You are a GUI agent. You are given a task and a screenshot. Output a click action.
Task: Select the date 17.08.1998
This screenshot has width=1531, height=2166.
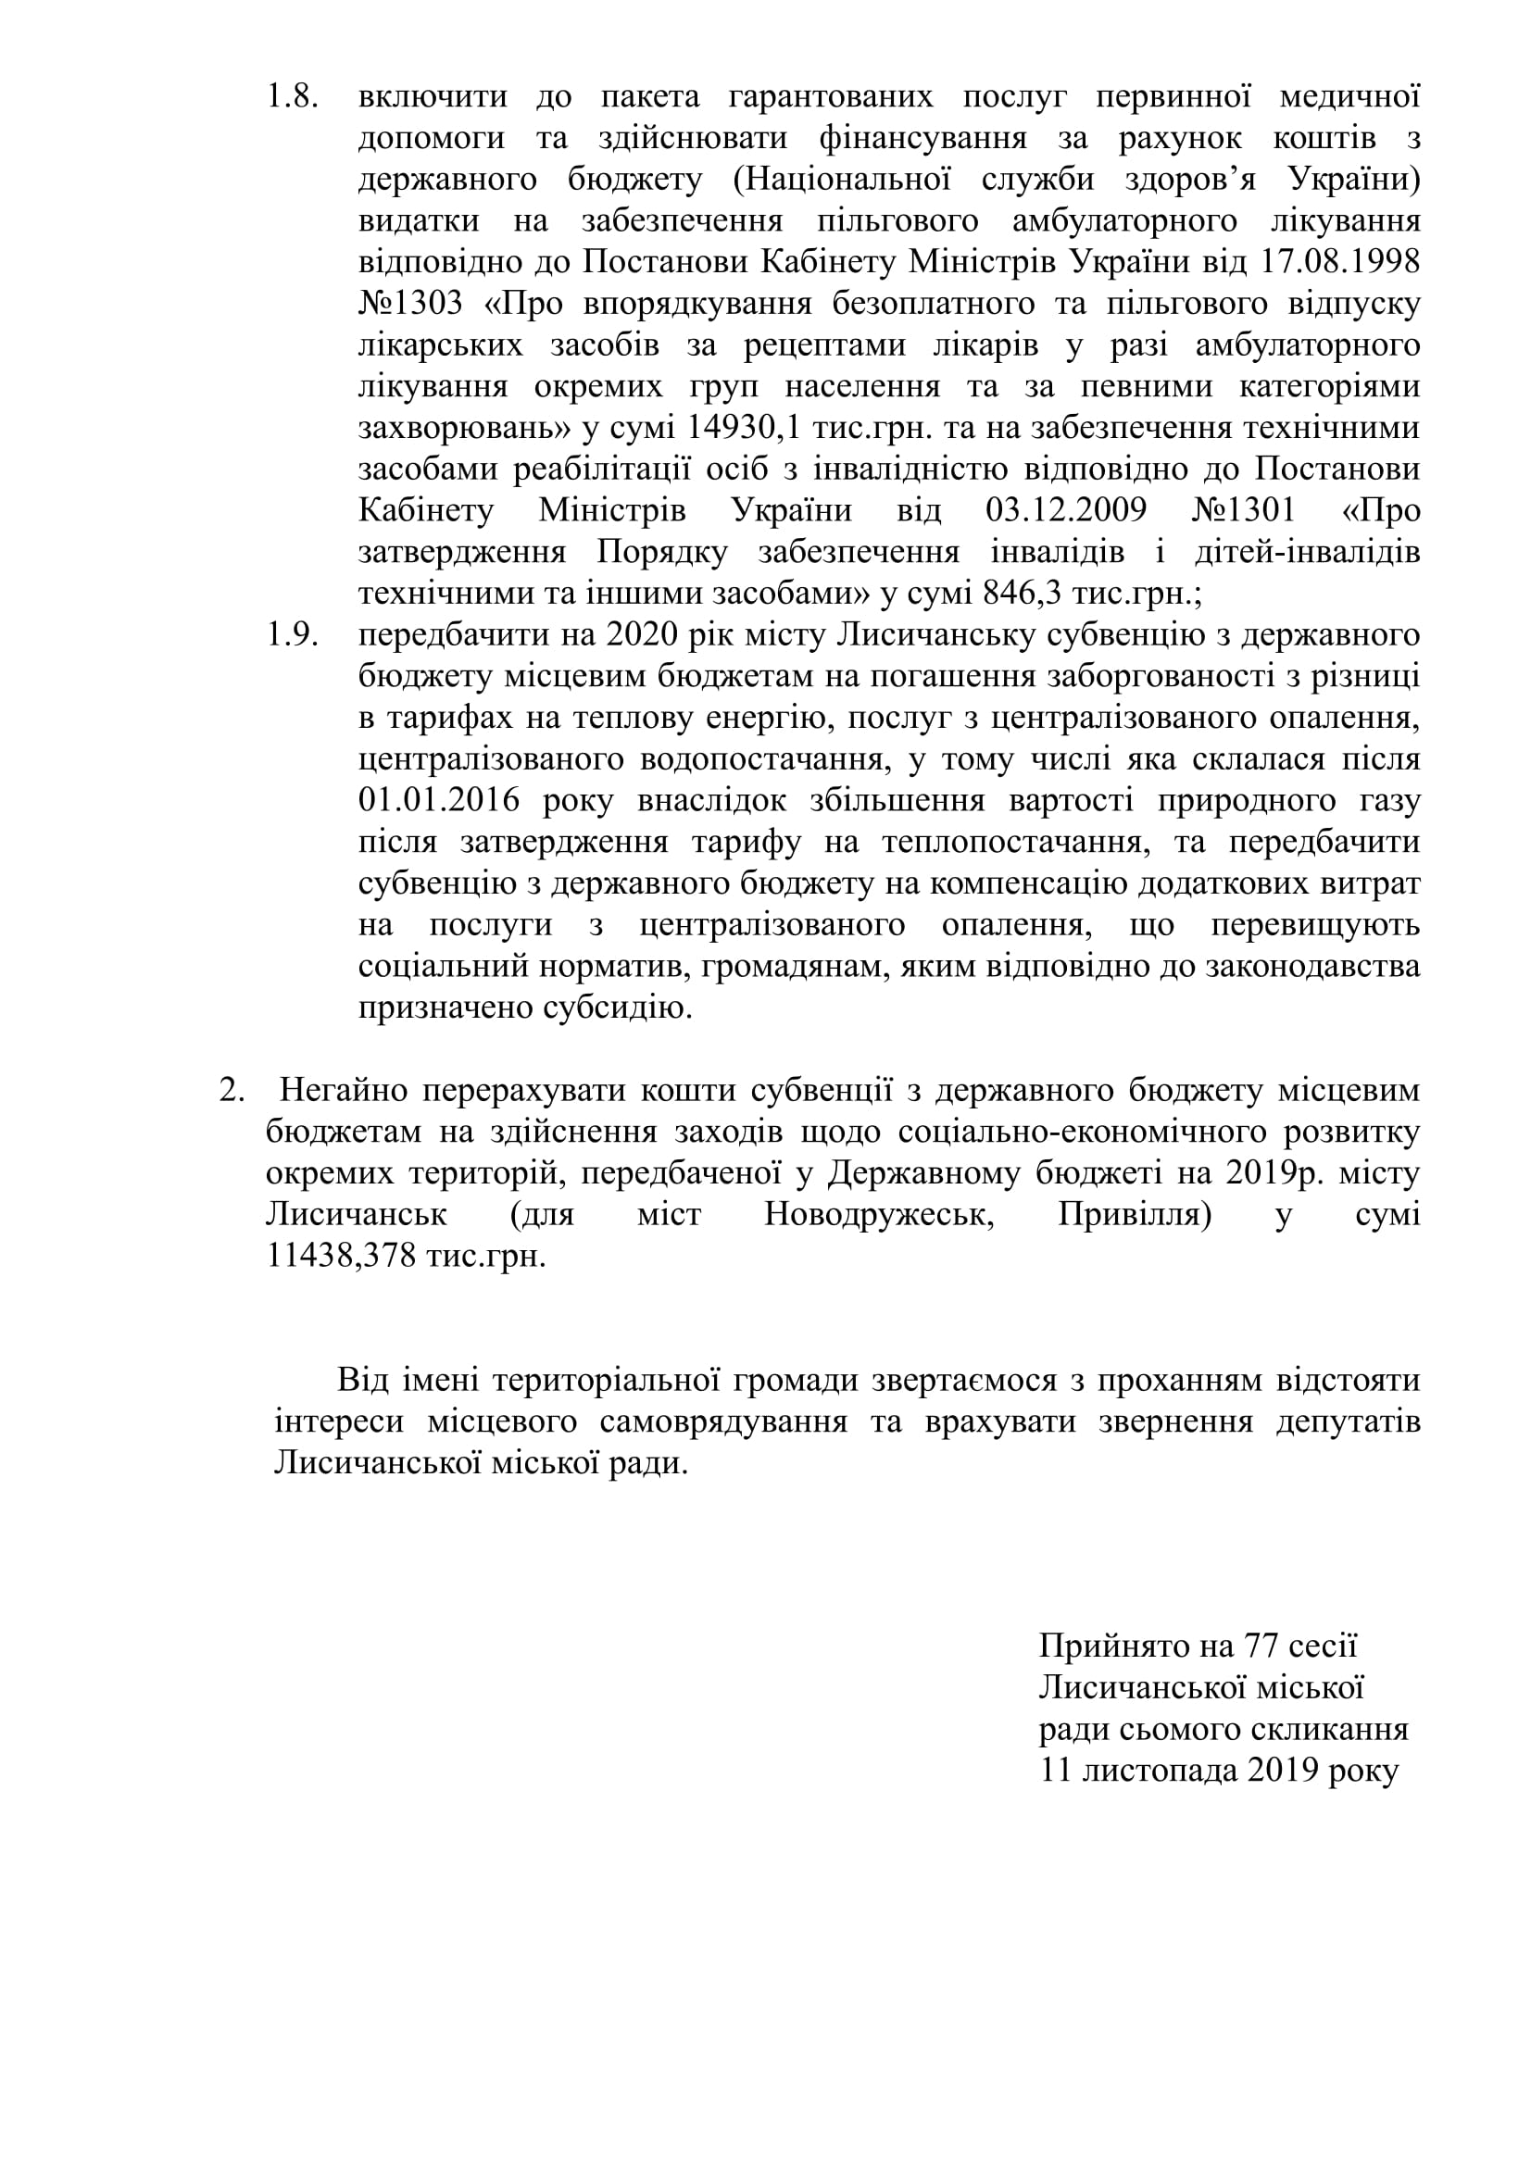coord(1339,262)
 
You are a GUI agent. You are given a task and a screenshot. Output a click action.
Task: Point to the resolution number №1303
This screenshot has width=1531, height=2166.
coord(410,304)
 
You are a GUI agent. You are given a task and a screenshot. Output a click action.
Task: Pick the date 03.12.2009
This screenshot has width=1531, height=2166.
coord(1065,510)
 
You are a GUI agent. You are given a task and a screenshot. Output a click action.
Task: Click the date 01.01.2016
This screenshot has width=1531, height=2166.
coord(439,801)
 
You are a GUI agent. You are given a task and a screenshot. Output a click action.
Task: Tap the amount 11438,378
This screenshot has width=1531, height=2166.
coord(342,1258)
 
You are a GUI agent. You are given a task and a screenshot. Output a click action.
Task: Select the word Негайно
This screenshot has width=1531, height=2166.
coord(344,1091)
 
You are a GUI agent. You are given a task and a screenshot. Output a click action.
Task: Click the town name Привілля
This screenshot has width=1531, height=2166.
coord(1134,1215)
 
